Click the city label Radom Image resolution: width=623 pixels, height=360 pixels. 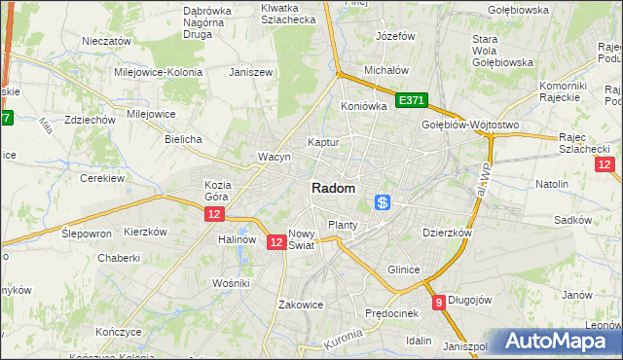click(x=333, y=189)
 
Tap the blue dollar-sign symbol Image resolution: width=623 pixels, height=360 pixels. click(x=383, y=202)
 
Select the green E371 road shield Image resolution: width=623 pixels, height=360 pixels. click(x=413, y=100)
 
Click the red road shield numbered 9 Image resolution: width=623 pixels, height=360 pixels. click(x=440, y=303)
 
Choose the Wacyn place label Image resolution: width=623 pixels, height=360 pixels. click(x=275, y=157)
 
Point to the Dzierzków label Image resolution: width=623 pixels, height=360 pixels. click(x=447, y=234)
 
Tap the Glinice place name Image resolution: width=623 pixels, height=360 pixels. click(x=403, y=270)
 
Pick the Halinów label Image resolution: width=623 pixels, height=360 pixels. click(x=237, y=239)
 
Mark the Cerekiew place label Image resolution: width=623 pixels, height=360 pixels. click(x=102, y=179)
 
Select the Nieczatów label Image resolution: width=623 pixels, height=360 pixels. click(x=107, y=42)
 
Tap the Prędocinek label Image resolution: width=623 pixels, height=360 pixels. click(x=390, y=313)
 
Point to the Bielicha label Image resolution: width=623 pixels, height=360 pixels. click(x=183, y=139)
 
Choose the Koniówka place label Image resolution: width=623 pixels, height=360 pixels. click(x=364, y=106)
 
